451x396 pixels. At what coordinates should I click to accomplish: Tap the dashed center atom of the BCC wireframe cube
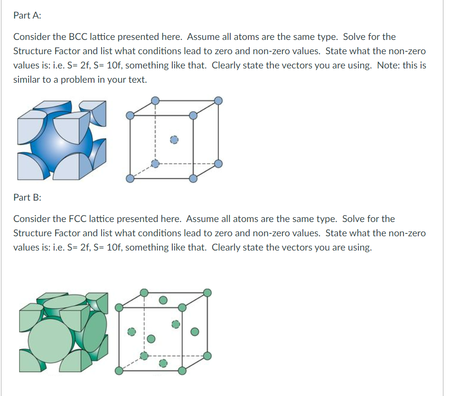point(174,140)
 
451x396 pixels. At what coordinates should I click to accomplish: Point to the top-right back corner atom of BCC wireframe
point(218,100)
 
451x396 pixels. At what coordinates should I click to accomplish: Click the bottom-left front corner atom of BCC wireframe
point(131,179)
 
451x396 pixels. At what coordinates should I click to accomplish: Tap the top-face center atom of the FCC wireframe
point(163,300)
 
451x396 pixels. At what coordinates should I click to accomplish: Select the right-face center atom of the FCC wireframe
point(194,331)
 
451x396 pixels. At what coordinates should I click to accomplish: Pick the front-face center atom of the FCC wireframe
point(150,339)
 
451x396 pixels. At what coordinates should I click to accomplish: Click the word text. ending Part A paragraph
point(137,79)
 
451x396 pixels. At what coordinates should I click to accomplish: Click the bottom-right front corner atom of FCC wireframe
point(181,371)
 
